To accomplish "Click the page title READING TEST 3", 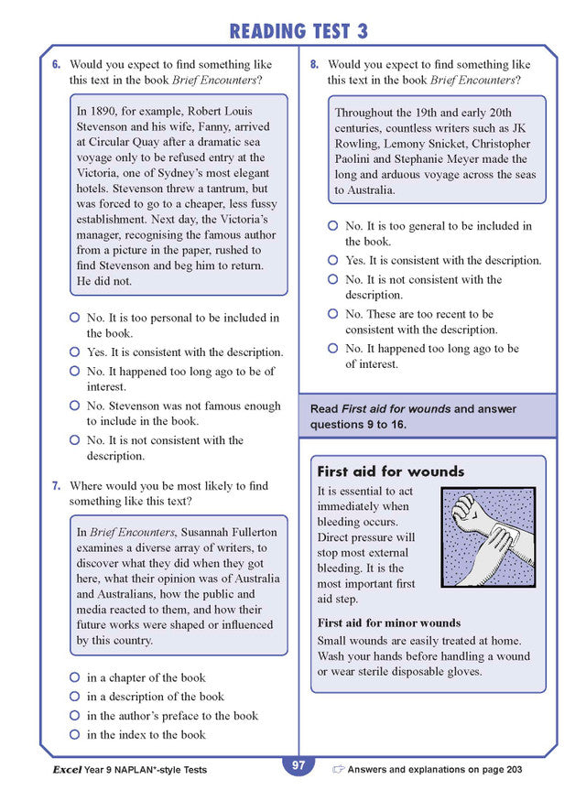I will point(298,30).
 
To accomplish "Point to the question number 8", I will point(314,65).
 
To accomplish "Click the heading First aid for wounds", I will point(390,472).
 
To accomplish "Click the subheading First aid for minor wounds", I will point(388,623).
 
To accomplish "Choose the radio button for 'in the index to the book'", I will point(75,735).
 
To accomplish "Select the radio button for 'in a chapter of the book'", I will point(75,678).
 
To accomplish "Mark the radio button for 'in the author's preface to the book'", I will point(75,716).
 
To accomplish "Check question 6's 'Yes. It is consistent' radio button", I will point(75,352).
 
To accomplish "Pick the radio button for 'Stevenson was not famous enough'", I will point(75,406).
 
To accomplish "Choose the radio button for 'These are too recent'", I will point(333,314).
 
